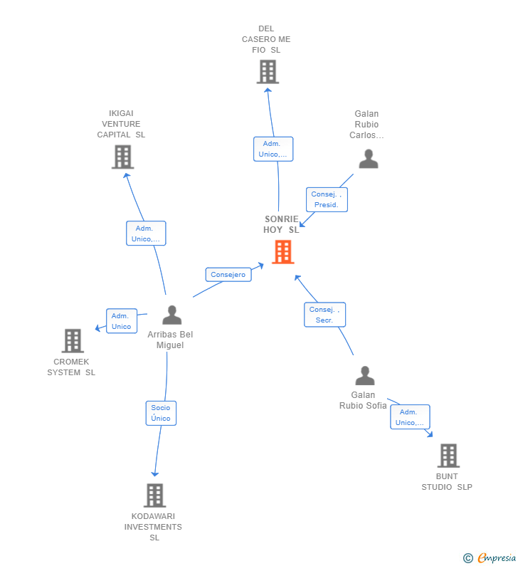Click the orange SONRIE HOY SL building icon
[282, 252]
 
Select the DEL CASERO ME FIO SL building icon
[268, 72]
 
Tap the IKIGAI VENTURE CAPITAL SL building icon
[122, 157]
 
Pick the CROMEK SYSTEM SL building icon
[73, 341]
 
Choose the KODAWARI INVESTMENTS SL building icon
[154, 496]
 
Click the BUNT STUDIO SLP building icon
[448, 456]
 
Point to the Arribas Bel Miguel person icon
[171, 315]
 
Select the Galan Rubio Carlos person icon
[368, 159]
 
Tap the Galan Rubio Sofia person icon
[364, 375]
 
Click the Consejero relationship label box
[228, 275]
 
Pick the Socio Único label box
[161, 413]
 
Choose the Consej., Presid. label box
[327, 199]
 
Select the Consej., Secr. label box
[325, 315]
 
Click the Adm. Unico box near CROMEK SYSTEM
[121, 321]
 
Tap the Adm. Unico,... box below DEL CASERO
[273, 149]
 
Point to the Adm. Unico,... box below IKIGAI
[146, 234]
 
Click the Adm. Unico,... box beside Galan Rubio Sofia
[410, 417]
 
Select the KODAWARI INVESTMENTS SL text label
[154, 527]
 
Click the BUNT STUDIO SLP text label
[447, 482]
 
